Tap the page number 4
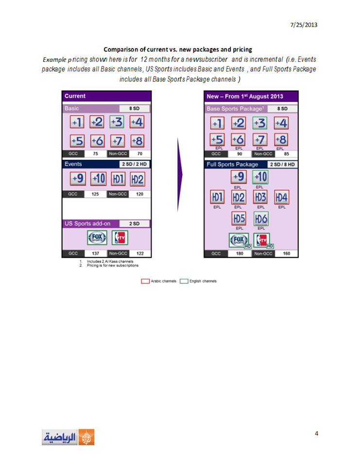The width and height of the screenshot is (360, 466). pyautogui.click(x=316, y=433)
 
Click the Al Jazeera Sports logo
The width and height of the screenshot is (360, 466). pyautogui.click(x=68, y=437)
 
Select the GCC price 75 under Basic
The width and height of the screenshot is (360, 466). pyautogui.click(x=95, y=154)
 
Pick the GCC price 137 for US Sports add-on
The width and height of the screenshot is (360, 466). pyautogui.click(x=95, y=253)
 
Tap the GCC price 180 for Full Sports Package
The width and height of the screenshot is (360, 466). pyautogui.click(x=240, y=253)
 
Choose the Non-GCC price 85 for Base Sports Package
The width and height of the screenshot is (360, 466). pyautogui.click(x=286, y=154)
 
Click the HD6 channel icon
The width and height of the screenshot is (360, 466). pyautogui.click(x=261, y=219)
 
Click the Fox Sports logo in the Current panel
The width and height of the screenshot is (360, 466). pyautogui.click(x=97, y=238)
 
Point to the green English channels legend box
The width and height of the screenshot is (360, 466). pyautogui.click(x=184, y=281)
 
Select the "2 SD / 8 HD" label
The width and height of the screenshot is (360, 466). pyautogui.click(x=282, y=165)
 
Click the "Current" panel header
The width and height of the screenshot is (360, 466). pyautogui.click(x=75, y=96)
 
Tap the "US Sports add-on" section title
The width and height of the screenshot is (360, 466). pyautogui.click(x=88, y=224)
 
